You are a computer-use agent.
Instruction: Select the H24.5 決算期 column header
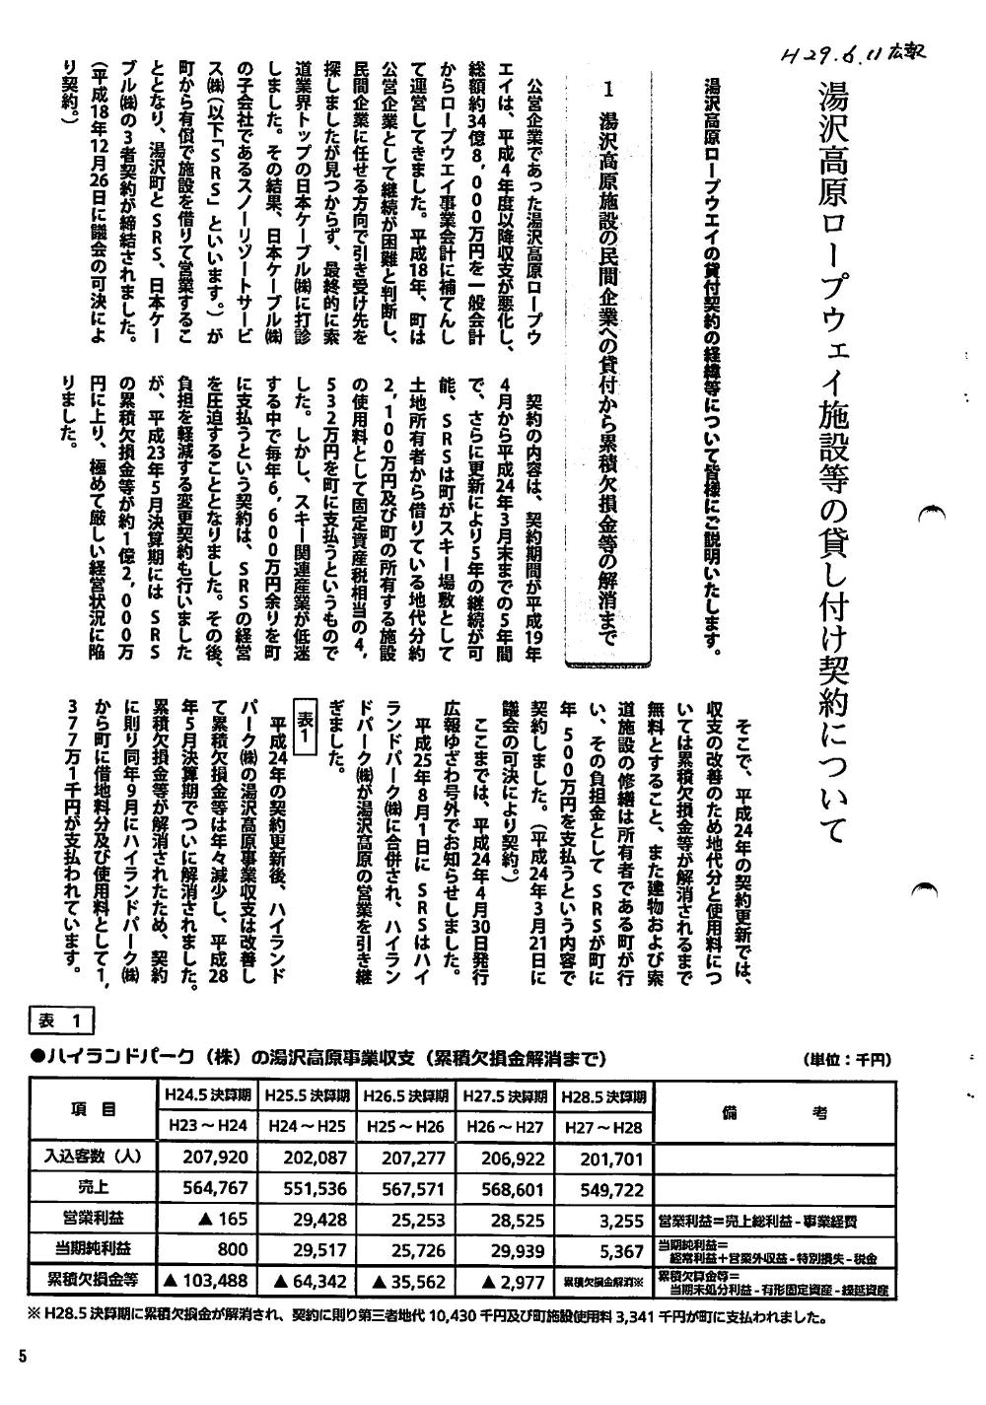206,1095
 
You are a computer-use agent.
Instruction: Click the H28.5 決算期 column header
602,1096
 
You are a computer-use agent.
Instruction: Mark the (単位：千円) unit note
848,1060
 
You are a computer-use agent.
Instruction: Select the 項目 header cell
94,1110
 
